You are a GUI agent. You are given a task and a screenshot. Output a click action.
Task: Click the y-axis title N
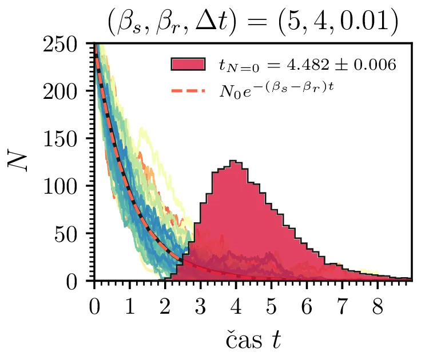click(18, 162)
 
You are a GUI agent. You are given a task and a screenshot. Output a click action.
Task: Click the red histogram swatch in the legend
click(188, 65)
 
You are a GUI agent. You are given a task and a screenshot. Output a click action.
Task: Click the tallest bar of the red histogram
click(233, 223)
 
